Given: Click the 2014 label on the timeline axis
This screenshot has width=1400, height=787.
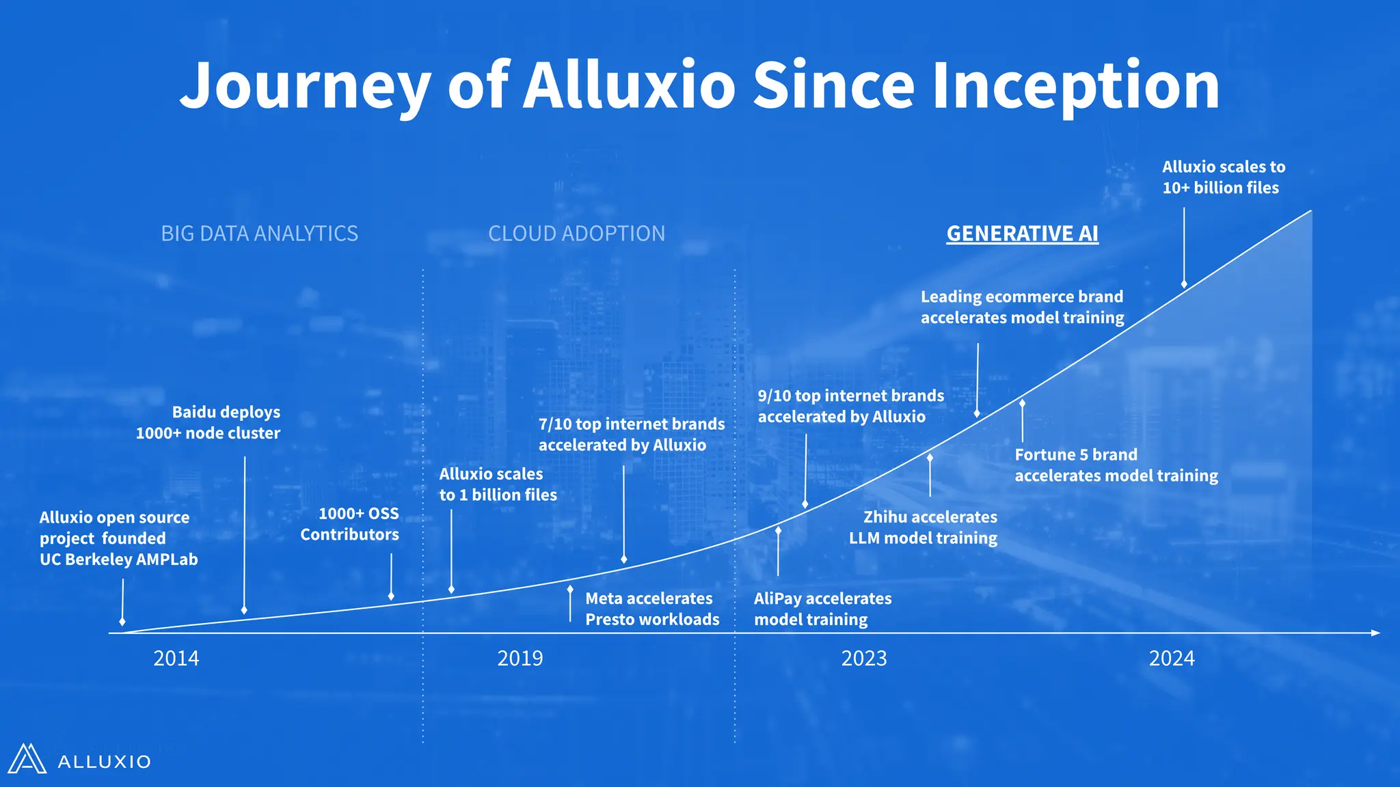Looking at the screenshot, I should pos(176,659).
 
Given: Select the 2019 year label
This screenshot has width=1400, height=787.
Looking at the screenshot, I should pos(520,659).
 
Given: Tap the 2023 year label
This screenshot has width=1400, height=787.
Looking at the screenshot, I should pos(863,659).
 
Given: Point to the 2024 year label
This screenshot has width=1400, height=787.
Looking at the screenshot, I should pos(1171,659).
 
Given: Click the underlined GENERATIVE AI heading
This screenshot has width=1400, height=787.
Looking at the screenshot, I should pos(1022,234).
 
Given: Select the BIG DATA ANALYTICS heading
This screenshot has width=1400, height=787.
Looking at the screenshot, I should pos(259,234).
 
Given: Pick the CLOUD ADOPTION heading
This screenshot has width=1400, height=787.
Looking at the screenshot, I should pos(576,234).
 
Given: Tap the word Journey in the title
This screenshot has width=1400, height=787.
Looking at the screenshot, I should pos(305,86).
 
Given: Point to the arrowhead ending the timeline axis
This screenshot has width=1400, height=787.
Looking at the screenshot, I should pos(1375,633).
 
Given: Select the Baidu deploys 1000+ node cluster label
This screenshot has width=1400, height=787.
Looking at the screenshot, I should pos(208,422).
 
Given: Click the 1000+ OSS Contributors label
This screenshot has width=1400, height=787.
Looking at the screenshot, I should pos(350,524).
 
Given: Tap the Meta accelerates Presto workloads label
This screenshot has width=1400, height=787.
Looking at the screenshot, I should pos(652,609).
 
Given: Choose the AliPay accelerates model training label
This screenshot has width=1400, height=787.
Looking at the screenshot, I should pos(822,609).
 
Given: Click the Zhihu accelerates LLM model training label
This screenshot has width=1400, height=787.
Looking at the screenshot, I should pos(923,527).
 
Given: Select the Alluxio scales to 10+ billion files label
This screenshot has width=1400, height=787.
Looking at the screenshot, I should pos(1223,177).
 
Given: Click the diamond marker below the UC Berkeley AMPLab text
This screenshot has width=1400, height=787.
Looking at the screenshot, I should pos(122,621).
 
